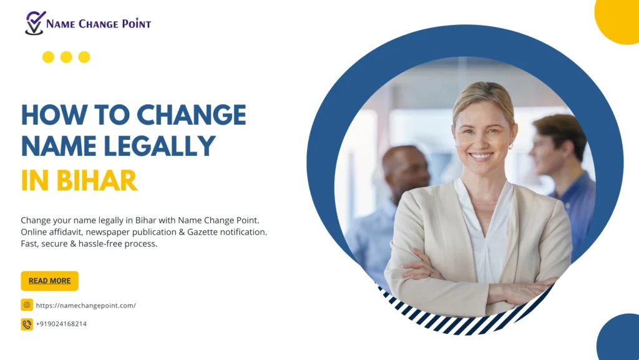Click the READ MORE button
coord(49,281)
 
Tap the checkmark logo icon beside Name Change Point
coord(35,23)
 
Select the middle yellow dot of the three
coord(66,57)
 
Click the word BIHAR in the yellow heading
coord(97,180)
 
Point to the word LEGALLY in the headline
coord(159,146)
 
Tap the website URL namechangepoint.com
coord(86,306)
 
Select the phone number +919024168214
coord(61,324)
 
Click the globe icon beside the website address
coord(27,304)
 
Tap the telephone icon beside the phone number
coord(27,324)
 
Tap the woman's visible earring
coord(510,146)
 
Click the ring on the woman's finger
coord(431,273)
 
